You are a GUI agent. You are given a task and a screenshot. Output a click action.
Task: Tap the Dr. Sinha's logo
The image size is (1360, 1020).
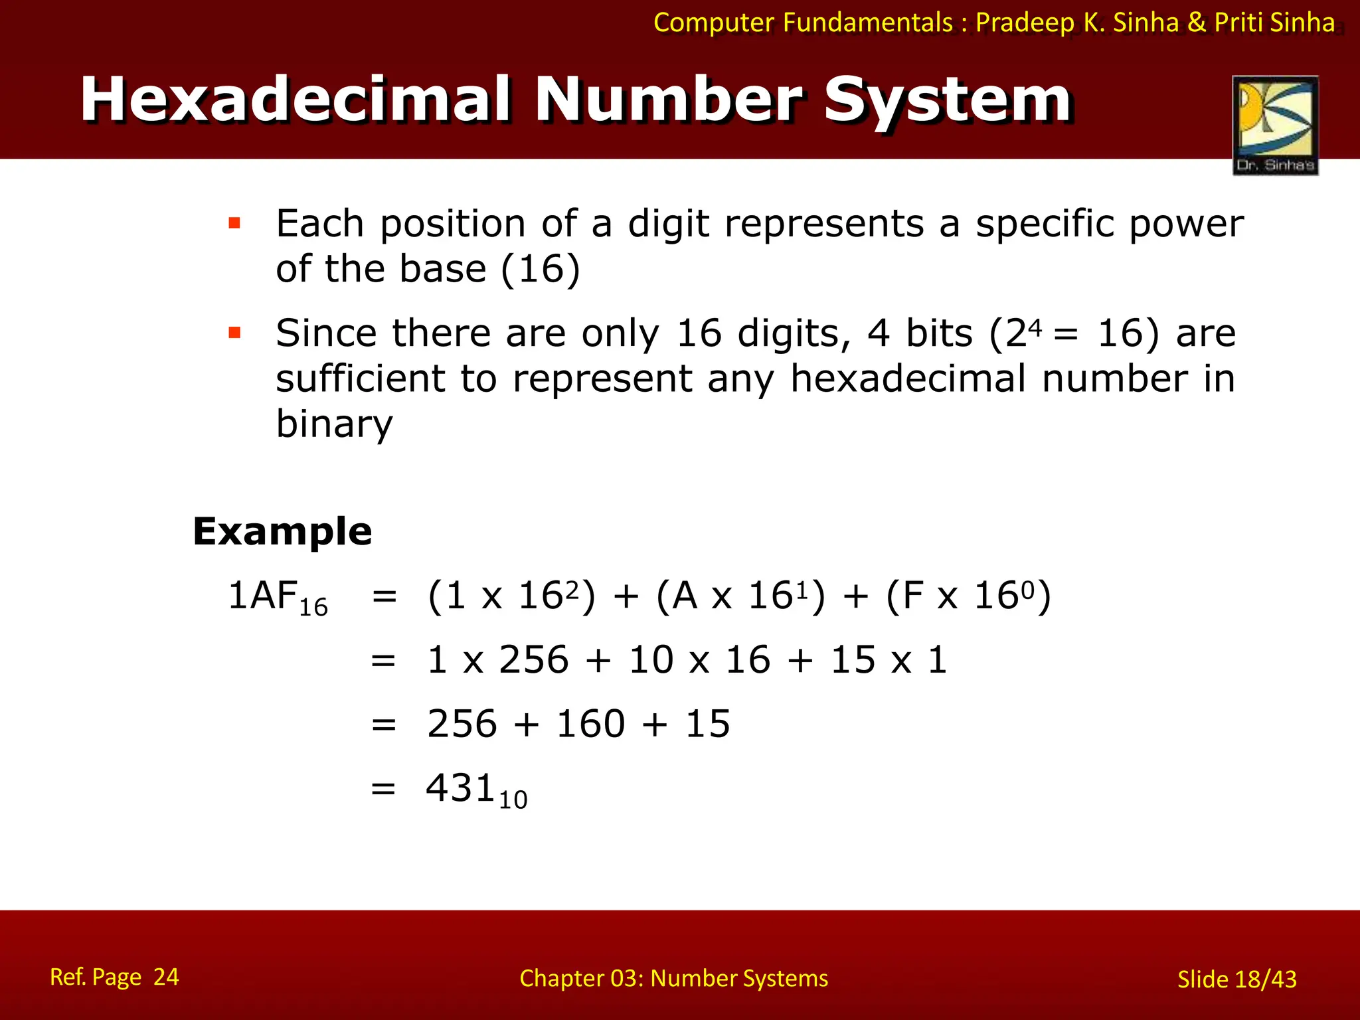point(1275,125)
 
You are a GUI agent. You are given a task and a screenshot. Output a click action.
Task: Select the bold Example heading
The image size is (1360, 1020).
point(282,531)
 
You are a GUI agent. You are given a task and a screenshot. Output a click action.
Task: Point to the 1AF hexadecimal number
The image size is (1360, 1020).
point(263,595)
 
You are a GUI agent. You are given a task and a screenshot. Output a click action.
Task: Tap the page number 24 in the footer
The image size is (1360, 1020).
point(166,977)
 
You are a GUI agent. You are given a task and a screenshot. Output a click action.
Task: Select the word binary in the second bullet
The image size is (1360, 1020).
point(334,424)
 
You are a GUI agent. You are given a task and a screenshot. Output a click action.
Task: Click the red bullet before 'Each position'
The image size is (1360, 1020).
point(234,223)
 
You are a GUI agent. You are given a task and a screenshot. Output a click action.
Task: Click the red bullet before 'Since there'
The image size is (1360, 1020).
point(234,332)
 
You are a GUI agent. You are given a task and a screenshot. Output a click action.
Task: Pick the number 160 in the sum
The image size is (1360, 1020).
point(590,724)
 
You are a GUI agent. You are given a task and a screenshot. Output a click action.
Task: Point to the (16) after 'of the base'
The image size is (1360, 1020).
point(541,269)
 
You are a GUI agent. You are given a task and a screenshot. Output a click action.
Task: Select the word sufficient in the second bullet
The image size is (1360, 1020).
point(360,379)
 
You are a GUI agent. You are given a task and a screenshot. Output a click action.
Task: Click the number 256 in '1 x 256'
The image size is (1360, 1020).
point(533,660)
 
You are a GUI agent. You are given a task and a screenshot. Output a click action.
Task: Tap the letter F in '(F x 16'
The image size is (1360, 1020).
point(913,595)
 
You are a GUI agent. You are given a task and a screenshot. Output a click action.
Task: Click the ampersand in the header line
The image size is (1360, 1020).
point(1197,23)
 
